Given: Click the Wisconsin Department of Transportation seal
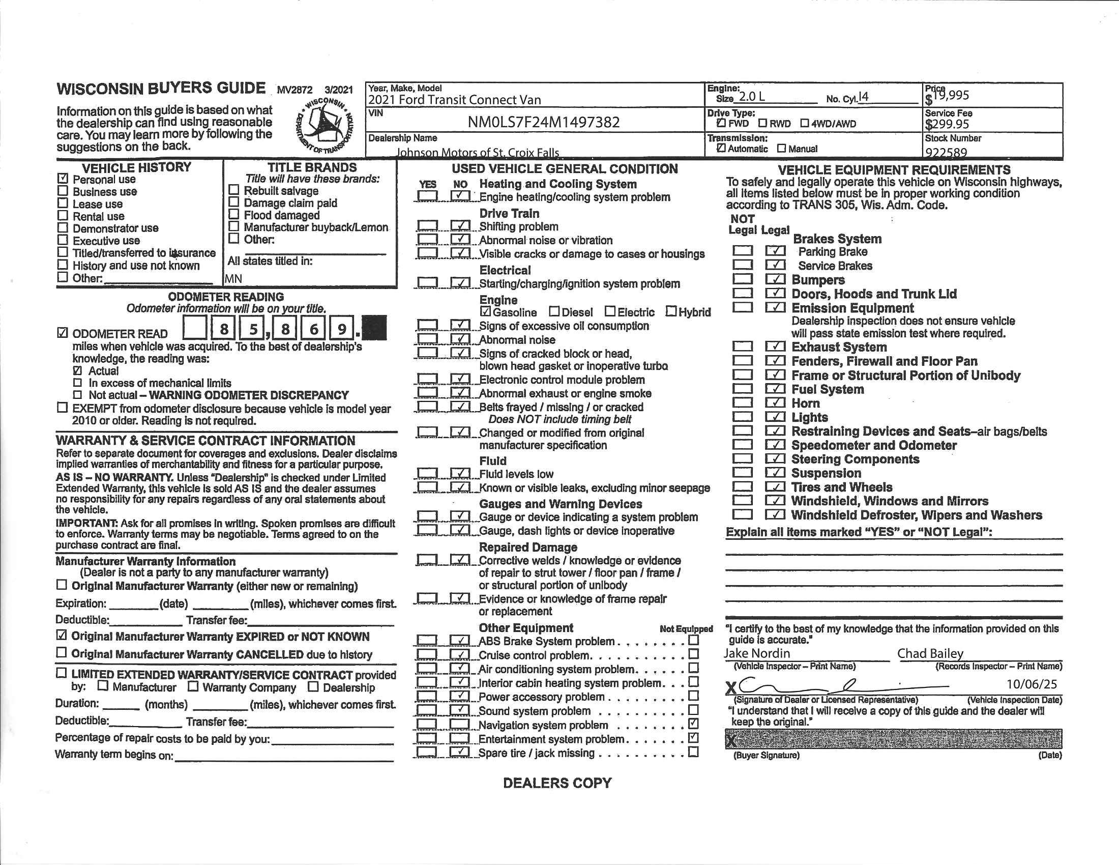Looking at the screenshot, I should [325, 125].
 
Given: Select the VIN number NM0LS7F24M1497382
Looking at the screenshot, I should [543, 122].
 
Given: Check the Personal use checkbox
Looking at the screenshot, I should [63, 179].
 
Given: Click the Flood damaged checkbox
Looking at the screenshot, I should [233, 214].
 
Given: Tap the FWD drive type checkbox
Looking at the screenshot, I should [721, 124].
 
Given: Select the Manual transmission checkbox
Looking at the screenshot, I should [781, 149].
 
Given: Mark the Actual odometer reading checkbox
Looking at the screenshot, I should [77, 370].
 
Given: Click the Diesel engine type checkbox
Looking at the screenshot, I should [554, 311].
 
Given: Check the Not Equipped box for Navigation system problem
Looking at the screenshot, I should [693, 724].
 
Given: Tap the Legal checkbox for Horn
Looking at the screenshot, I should [775, 403].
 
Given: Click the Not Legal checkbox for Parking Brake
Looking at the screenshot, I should [743, 251].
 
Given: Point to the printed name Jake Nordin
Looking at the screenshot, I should [757, 653].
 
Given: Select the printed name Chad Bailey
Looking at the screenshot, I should [930, 653].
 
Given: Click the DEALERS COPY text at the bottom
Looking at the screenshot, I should [557, 783].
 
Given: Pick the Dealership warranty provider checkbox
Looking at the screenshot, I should [313, 687].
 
